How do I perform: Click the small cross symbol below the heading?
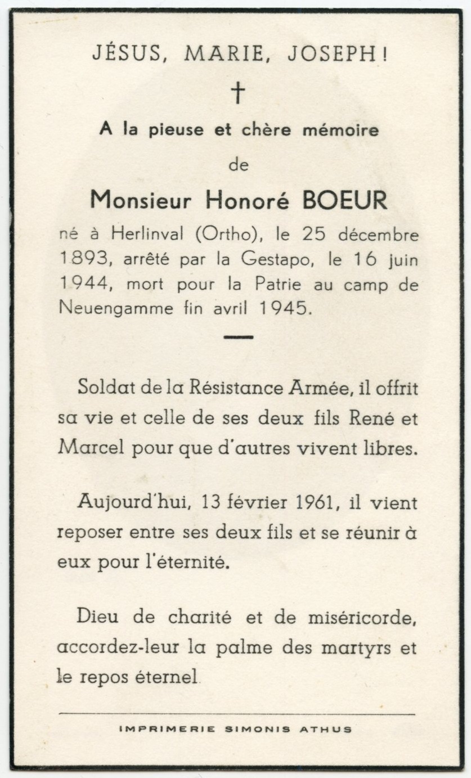coord(239,92)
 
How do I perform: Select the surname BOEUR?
coord(345,199)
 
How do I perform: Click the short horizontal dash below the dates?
coord(239,338)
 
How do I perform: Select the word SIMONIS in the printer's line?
coord(258,729)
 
